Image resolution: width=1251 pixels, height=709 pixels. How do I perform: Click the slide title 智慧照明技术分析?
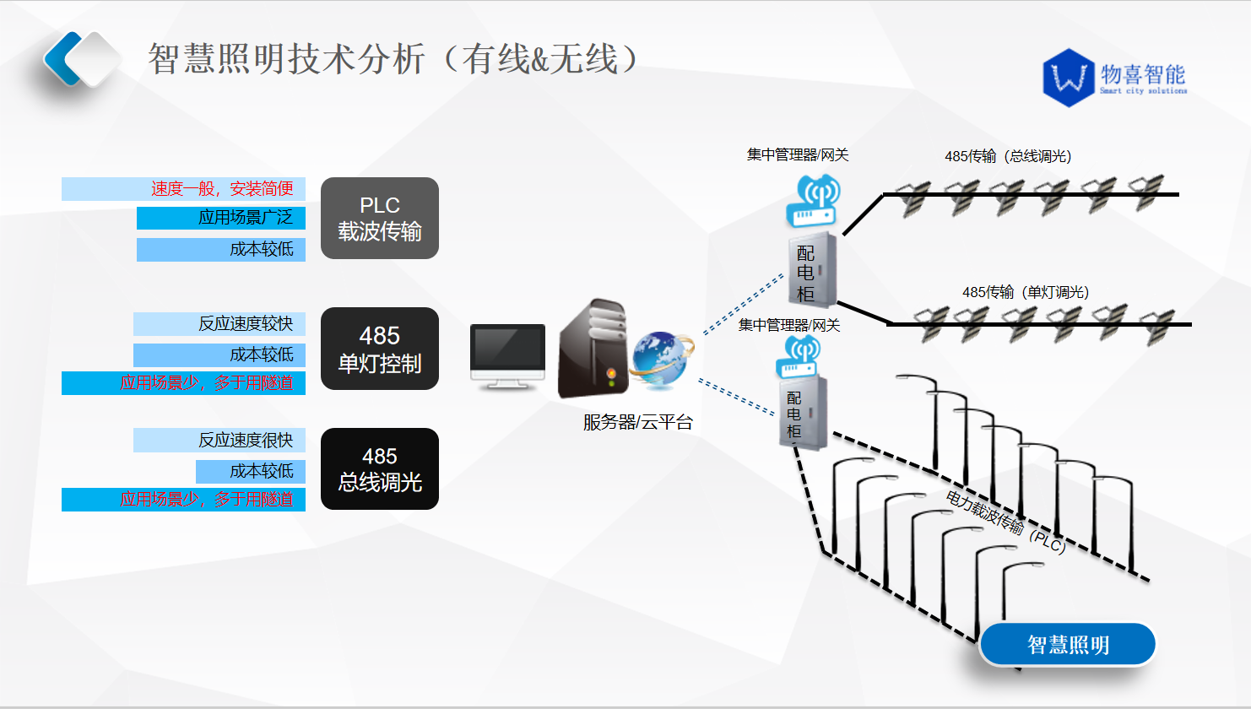287,58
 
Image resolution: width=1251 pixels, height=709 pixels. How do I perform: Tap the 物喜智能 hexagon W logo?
1069,78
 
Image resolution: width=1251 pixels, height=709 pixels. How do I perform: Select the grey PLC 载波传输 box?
380,219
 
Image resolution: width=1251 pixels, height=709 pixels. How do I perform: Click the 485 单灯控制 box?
380,349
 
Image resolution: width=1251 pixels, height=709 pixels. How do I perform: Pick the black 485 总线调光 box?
380,469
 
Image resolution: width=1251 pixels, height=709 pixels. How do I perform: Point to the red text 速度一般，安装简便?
222,189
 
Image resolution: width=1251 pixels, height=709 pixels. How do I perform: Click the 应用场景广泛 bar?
221,218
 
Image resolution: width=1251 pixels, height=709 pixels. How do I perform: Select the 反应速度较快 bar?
219,324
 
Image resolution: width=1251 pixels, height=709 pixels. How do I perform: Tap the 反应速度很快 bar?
219,440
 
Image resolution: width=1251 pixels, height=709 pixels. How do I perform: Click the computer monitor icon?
507,356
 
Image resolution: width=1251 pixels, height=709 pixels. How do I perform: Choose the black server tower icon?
593,349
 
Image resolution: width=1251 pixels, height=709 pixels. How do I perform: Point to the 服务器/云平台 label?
638,423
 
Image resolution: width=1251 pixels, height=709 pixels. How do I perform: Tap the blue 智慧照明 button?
1068,644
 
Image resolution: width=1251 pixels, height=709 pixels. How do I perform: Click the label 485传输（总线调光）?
1008,156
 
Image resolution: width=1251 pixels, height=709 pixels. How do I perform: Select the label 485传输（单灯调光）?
1026,292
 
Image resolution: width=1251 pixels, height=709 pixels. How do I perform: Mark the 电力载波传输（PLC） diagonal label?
1006,522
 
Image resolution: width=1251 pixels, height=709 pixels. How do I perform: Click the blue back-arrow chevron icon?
63,59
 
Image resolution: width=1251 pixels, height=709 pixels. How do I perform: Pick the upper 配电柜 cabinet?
812,270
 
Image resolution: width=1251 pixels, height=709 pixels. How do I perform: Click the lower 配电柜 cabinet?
803,413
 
